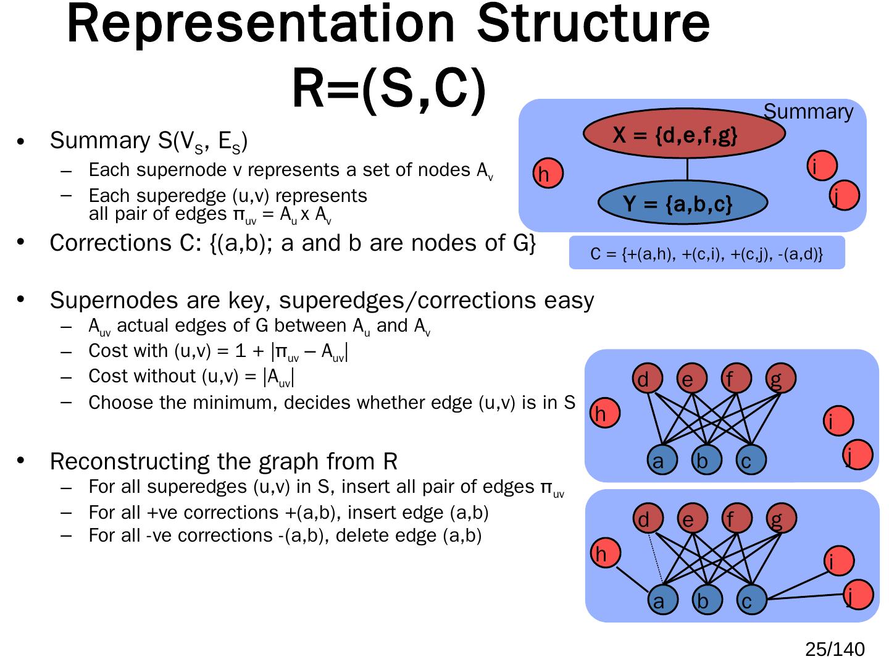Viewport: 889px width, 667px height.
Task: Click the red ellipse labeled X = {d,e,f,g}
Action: pos(683,133)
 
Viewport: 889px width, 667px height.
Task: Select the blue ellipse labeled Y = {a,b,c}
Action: pos(682,202)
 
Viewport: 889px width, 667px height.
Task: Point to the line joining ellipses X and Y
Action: pos(687,169)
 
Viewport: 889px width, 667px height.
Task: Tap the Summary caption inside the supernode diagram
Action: pos(808,111)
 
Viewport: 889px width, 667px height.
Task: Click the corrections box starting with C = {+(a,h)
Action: pos(707,253)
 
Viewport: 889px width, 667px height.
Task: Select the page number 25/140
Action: pos(835,649)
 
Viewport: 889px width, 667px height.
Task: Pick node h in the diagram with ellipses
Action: pos(548,173)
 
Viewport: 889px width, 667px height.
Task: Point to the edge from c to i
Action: pos(798,585)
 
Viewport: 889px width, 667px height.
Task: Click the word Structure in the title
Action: pos(593,23)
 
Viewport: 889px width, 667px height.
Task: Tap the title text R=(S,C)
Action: pos(389,88)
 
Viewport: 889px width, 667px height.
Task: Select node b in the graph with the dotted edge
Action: pos(707,600)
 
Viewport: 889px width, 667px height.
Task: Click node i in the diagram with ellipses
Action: pos(822,166)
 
